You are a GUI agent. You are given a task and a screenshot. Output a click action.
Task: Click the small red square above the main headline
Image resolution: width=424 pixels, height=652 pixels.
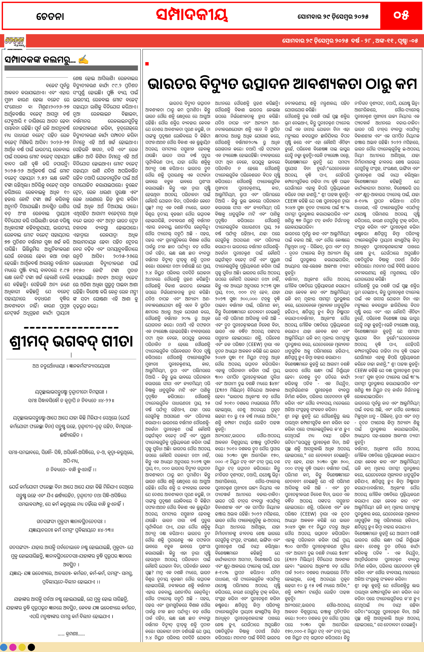point(147,64)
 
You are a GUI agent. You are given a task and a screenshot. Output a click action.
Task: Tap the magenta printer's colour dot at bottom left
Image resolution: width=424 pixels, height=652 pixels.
point(13,647)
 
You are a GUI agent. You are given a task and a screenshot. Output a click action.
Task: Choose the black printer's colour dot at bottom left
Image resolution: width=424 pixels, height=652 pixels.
point(32,647)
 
